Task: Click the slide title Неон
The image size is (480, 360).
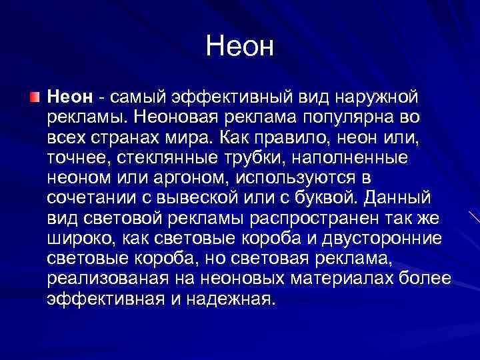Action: pyautogui.click(x=240, y=46)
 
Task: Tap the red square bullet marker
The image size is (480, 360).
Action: pyautogui.click(x=35, y=98)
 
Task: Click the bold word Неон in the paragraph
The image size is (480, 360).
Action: pyautogui.click(x=69, y=98)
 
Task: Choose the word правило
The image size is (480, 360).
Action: pyautogui.click(x=281, y=138)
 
